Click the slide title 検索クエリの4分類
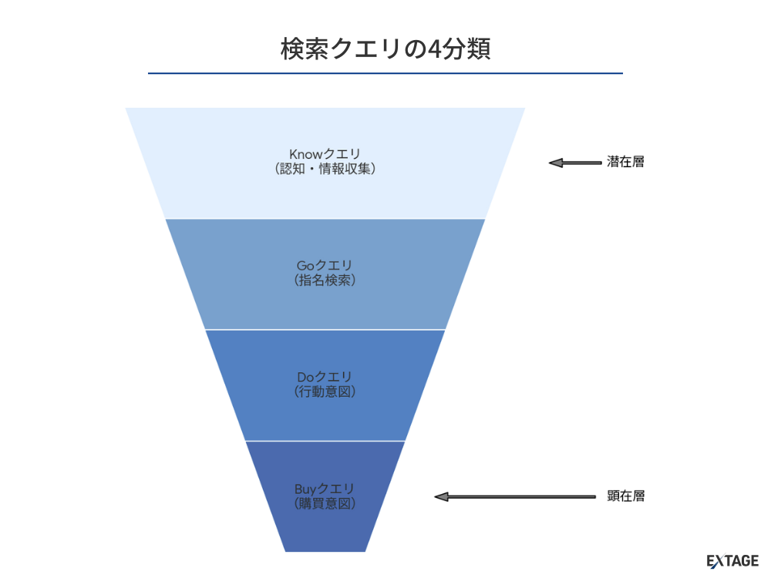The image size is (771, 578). pyautogui.click(x=385, y=49)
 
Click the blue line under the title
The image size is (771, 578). pyautogui.click(x=385, y=73)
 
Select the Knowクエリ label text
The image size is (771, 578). pyautogui.click(x=325, y=153)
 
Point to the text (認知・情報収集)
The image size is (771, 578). pyautogui.click(x=325, y=168)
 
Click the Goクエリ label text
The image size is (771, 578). pyautogui.click(x=325, y=266)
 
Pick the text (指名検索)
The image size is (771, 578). pyautogui.click(x=325, y=281)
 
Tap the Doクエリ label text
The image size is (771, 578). pyautogui.click(x=325, y=377)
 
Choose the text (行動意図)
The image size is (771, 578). pyautogui.click(x=325, y=391)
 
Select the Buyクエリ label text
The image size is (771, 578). pyautogui.click(x=325, y=489)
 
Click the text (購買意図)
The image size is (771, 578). pyautogui.click(x=325, y=503)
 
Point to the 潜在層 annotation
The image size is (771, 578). pyautogui.click(x=625, y=163)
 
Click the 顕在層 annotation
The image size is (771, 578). pyautogui.click(x=625, y=496)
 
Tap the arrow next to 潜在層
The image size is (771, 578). pyautogui.click(x=575, y=163)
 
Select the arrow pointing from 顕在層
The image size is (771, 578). pyautogui.click(x=515, y=496)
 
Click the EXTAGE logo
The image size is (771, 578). pyautogui.click(x=732, y=561)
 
